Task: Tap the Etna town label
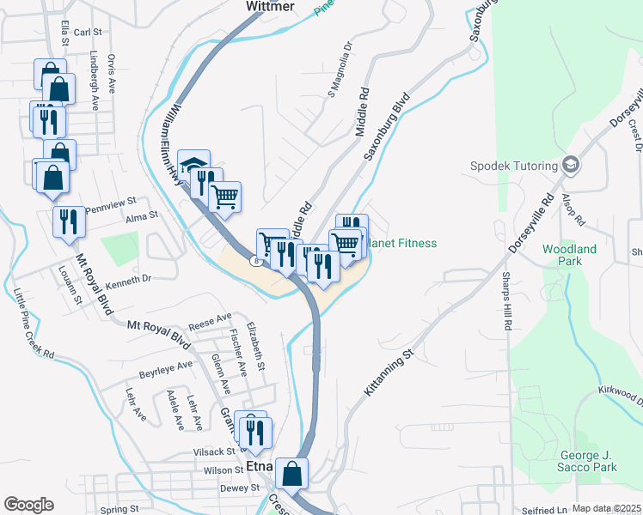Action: pos(259,467)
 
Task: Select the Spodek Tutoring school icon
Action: pos(570,165)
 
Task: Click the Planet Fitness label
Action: pos(402,244)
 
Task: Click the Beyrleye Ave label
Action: pos(166,371)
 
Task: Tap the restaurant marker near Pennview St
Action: pos(67,221)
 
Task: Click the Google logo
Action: pos(28,505)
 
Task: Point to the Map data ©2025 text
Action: pos(606,509)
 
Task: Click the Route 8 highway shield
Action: pos(255,260)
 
